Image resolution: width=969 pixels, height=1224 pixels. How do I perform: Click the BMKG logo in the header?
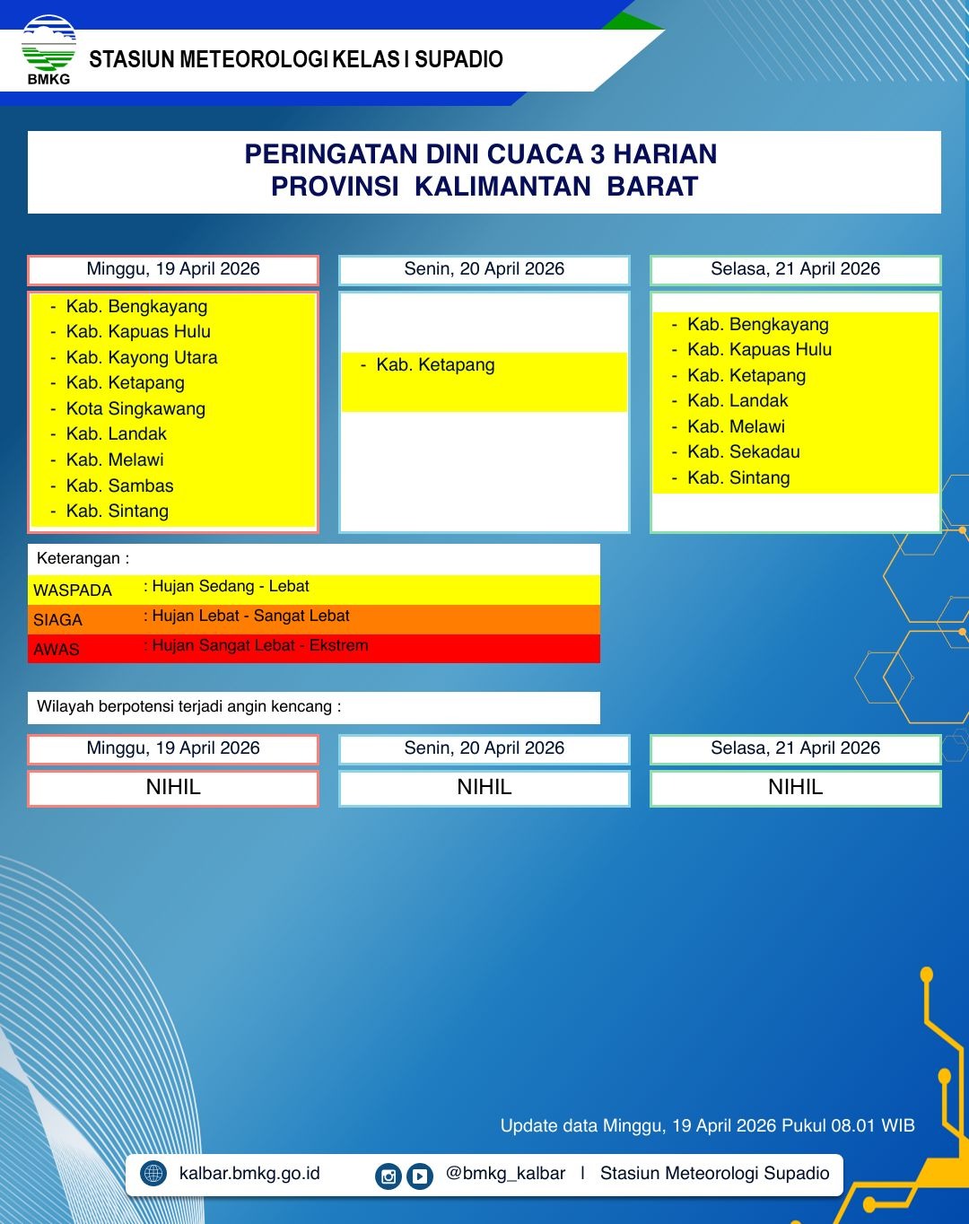pos(48,49)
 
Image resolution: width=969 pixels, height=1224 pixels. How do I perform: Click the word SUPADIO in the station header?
pos(458,60)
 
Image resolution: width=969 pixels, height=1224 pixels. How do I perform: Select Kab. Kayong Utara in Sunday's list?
pos(141,357)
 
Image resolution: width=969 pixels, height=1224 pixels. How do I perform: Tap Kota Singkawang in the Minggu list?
pos(135,408)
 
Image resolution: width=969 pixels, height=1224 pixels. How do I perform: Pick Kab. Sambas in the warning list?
pos(119,485)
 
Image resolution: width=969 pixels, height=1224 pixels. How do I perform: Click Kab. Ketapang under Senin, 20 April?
pos(435,364)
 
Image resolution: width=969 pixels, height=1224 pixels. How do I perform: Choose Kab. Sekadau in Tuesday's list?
pos(743,451)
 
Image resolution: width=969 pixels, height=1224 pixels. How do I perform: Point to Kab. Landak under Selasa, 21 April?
pos(738,400)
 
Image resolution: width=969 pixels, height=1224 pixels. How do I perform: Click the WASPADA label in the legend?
pos(73,590)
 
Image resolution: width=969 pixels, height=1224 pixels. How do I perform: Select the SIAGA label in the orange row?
pos(57,620)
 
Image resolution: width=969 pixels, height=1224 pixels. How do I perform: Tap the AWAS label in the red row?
pos(56,650)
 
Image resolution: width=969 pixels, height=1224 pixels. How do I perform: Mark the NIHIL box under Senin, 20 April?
pos(484,788)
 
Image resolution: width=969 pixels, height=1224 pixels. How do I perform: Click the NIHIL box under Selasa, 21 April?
pos(795,788)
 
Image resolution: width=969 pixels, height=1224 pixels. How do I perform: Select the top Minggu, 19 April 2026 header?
pos(173,269)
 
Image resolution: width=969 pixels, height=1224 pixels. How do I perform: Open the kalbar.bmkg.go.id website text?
pos(249,1174)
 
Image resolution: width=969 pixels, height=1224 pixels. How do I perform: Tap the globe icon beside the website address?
pos(153,1174)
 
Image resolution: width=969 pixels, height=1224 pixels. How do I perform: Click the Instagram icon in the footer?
pos(388,1176)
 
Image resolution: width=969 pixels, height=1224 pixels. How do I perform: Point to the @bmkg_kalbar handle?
pos(505,1174)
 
